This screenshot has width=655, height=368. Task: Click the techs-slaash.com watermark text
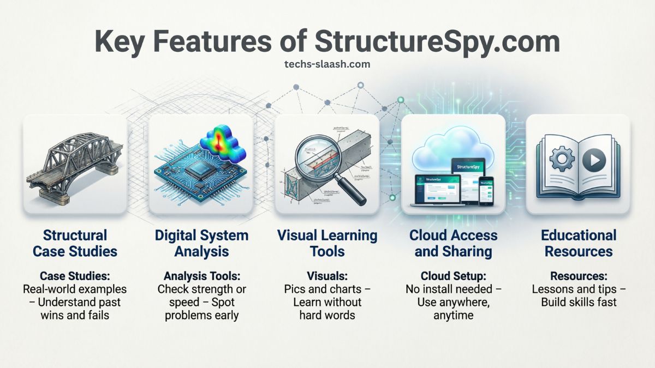point(327,64)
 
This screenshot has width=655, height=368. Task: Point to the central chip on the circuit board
point(199,174)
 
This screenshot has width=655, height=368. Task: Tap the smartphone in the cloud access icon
point(486,192)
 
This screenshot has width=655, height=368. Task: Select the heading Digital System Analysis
point(201,243)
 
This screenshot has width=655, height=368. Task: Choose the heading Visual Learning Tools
point(327,243)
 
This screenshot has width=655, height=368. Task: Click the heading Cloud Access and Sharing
point(453,243)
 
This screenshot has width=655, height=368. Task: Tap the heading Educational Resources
point(579,243)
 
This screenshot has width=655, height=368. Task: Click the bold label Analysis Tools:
point(201,276)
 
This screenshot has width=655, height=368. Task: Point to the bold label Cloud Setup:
point(453,276)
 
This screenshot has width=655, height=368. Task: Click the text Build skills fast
point(579,302)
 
